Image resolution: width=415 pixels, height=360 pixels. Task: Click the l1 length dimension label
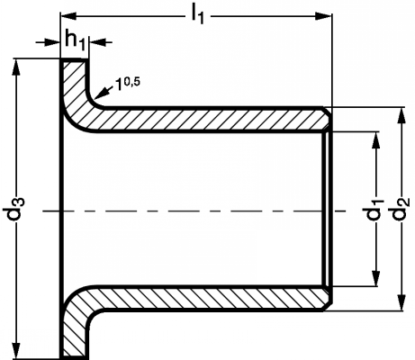[198, 14]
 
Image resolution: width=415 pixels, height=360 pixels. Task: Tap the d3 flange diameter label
[14, 209]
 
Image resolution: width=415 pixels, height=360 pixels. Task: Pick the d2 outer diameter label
[400, 209]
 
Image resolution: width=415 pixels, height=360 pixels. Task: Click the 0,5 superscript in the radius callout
[131, 82]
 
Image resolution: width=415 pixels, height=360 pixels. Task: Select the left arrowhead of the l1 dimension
[68, 16]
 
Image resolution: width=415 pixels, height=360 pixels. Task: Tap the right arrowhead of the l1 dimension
[324, 16]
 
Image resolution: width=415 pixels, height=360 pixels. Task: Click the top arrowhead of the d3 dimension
[17, 67]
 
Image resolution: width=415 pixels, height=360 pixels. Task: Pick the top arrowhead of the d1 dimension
[375, 139]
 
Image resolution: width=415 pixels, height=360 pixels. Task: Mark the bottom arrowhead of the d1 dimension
[375, 278]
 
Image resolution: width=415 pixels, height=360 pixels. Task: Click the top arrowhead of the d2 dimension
[401, 115]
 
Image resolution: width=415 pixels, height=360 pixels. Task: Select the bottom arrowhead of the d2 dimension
[401, 303]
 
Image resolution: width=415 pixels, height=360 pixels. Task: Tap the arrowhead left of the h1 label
[52, 42]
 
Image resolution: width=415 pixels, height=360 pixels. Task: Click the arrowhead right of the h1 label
[96, 42]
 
